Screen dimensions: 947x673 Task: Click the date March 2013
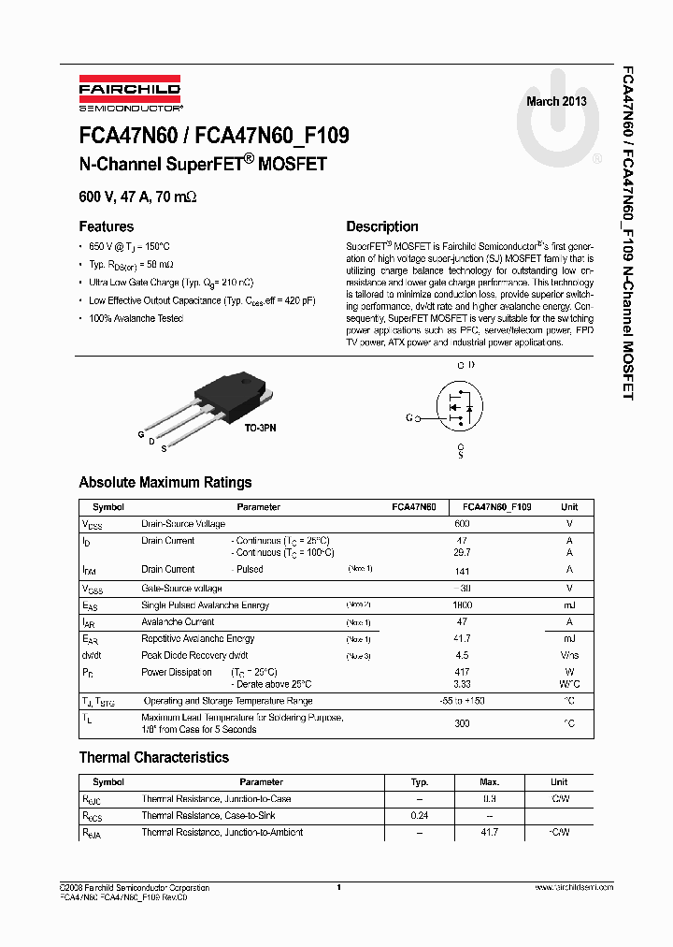point(556,101)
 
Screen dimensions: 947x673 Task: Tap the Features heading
point(107,226)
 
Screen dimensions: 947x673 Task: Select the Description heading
point(382,226)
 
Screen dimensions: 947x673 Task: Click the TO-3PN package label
point(261,428)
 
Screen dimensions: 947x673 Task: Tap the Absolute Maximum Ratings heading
point(165,483)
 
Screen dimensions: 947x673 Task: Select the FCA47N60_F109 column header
point(497,506)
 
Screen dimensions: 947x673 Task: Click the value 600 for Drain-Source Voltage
point(462,524)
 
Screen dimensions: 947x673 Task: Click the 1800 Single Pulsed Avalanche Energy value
point(462,605)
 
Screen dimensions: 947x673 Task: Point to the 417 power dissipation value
point(462,672)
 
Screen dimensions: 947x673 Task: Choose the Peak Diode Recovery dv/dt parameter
point(194,656)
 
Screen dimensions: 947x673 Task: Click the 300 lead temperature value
point(462,723)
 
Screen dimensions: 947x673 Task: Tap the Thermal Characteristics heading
point(153,757)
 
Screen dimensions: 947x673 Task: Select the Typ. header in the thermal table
point(420,781)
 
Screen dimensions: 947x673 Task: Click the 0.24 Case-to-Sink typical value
point(420,815)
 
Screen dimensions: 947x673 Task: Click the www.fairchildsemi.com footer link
point(573,887)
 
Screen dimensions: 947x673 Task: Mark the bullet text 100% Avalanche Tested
point(136,318)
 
